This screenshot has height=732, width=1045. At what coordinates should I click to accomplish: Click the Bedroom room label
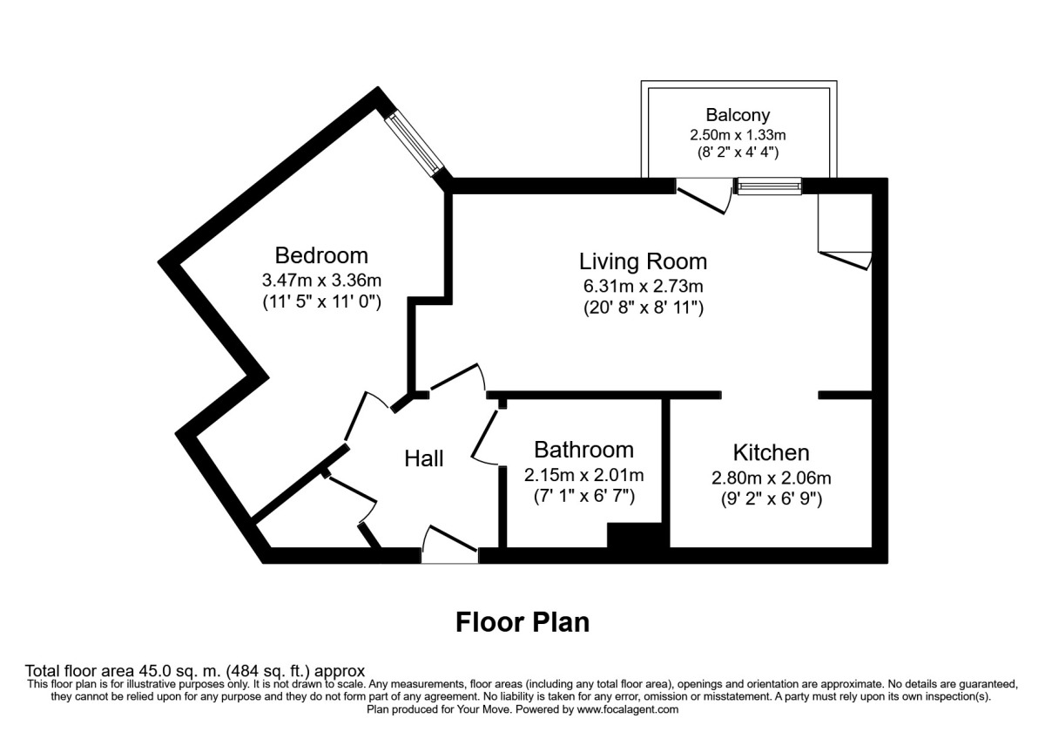click(x=321, y=255)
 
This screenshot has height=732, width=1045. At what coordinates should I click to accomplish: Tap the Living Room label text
click(x=643, y=261)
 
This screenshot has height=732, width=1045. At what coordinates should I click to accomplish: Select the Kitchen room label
click(x=771, y=452)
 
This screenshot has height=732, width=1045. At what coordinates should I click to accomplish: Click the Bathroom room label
click(x=583, y=450)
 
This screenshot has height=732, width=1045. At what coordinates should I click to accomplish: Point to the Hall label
click(x=424, y=458)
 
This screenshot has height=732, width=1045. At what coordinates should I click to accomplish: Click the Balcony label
click(x=738, y=114)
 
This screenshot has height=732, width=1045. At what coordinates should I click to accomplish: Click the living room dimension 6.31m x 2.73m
click(x=643, y=285)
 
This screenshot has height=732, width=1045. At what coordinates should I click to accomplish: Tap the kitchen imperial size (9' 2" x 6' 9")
click(x=771, y=500)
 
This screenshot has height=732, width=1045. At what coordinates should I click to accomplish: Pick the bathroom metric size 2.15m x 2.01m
click(x=583, y=475)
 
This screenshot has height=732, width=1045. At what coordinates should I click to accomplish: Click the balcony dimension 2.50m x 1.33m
click(x=738, y=134)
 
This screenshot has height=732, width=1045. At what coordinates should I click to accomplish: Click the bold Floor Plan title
click(x=522, y=622)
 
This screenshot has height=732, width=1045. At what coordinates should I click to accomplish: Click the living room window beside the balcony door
click(x=769, y=186)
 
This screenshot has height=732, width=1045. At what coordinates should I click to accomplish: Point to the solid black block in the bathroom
click(x=637, y=536)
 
